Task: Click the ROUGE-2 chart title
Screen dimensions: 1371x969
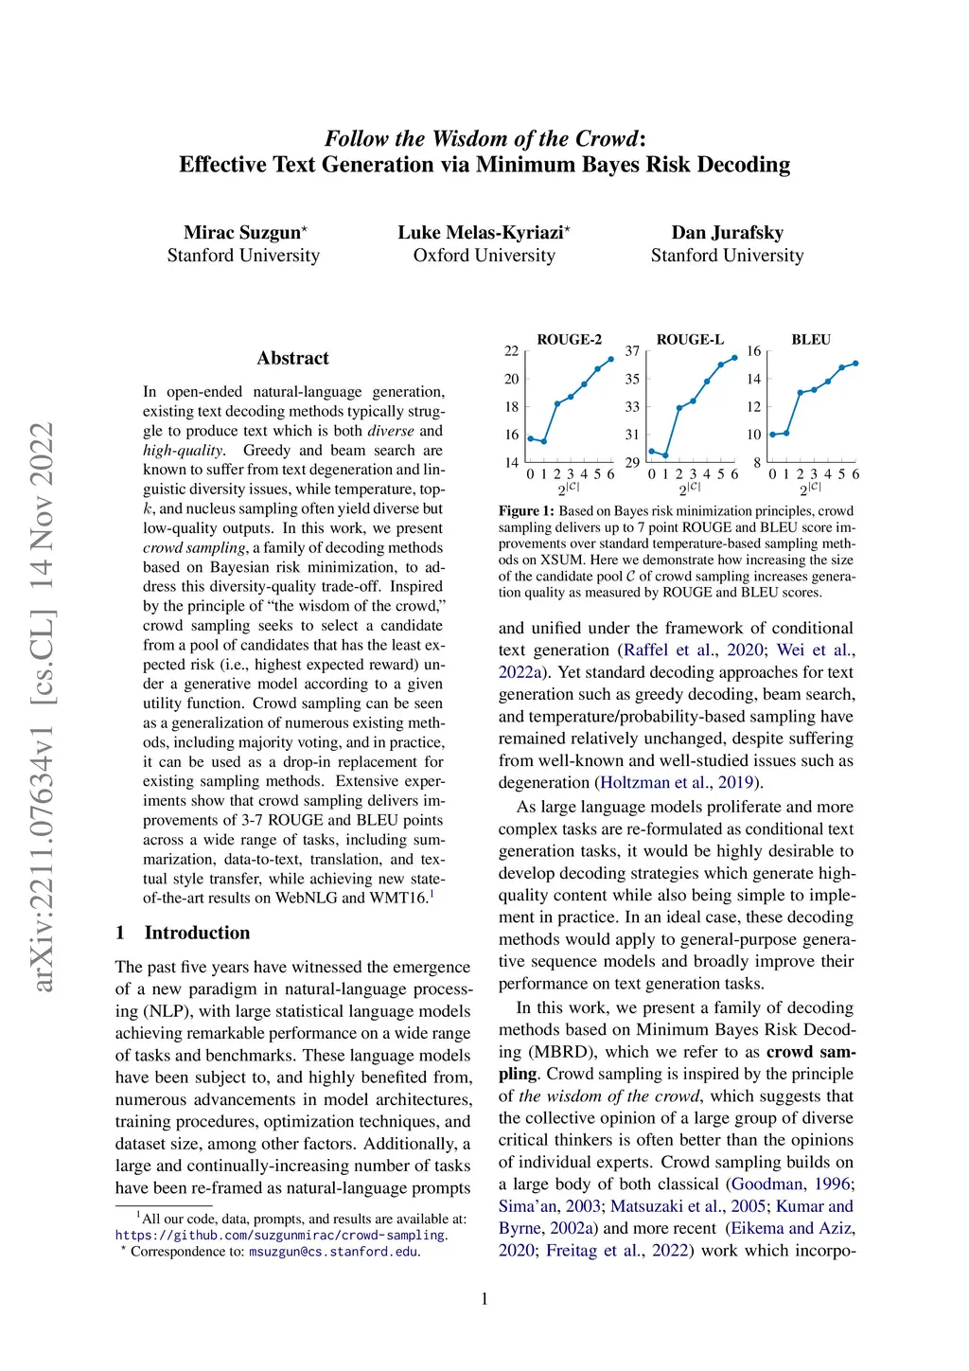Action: (x=569, y=340)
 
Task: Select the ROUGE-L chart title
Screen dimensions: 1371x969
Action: (x=690, y=340)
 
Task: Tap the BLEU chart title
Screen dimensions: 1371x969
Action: (x=811, y=340)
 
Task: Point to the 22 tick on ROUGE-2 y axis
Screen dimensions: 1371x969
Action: (x=511, y=351)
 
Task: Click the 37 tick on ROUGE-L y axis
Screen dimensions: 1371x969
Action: (x=632, y=351)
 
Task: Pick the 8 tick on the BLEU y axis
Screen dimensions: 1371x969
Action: (x=757, y=463)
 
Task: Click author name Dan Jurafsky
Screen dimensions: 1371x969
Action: (x=727, y=233)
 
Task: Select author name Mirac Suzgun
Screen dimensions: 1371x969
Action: (x=242, y=233)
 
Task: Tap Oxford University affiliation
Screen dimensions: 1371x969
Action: (x=484, y=256)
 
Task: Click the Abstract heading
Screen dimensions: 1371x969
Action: (x=292, y=358)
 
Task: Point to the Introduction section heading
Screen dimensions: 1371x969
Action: (x=197, y=933)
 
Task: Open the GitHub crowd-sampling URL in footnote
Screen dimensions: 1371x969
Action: (x=281, y=1236)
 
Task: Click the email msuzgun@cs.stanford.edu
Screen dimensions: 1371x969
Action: (x=333, y=1252)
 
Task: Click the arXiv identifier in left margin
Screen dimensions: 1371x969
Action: (x=43, y=705)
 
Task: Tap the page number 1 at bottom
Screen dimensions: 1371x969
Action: (x=484, y=1299)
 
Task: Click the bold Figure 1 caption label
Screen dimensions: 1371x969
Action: (x=526, y=511)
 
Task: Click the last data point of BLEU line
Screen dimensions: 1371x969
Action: (x=855, y=363)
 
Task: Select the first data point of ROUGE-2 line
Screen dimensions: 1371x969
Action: (x=530, y=438)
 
